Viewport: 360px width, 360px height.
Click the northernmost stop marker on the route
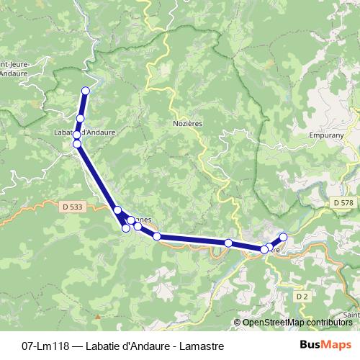[86, 91]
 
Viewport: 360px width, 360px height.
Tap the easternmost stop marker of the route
[284, 237]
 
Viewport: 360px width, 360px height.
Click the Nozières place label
[188, 123]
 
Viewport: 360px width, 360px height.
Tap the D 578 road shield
[344, 204]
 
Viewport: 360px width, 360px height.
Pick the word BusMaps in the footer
[325, 346]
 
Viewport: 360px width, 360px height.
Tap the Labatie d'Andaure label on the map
[85, 132]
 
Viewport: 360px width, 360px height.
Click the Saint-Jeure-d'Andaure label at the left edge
[14, 68]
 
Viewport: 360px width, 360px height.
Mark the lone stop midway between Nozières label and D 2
[228, 243]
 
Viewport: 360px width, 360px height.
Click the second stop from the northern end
[81, 118]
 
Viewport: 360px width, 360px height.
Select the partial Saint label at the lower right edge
[351, 315]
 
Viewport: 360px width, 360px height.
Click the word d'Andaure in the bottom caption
[147, 346]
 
